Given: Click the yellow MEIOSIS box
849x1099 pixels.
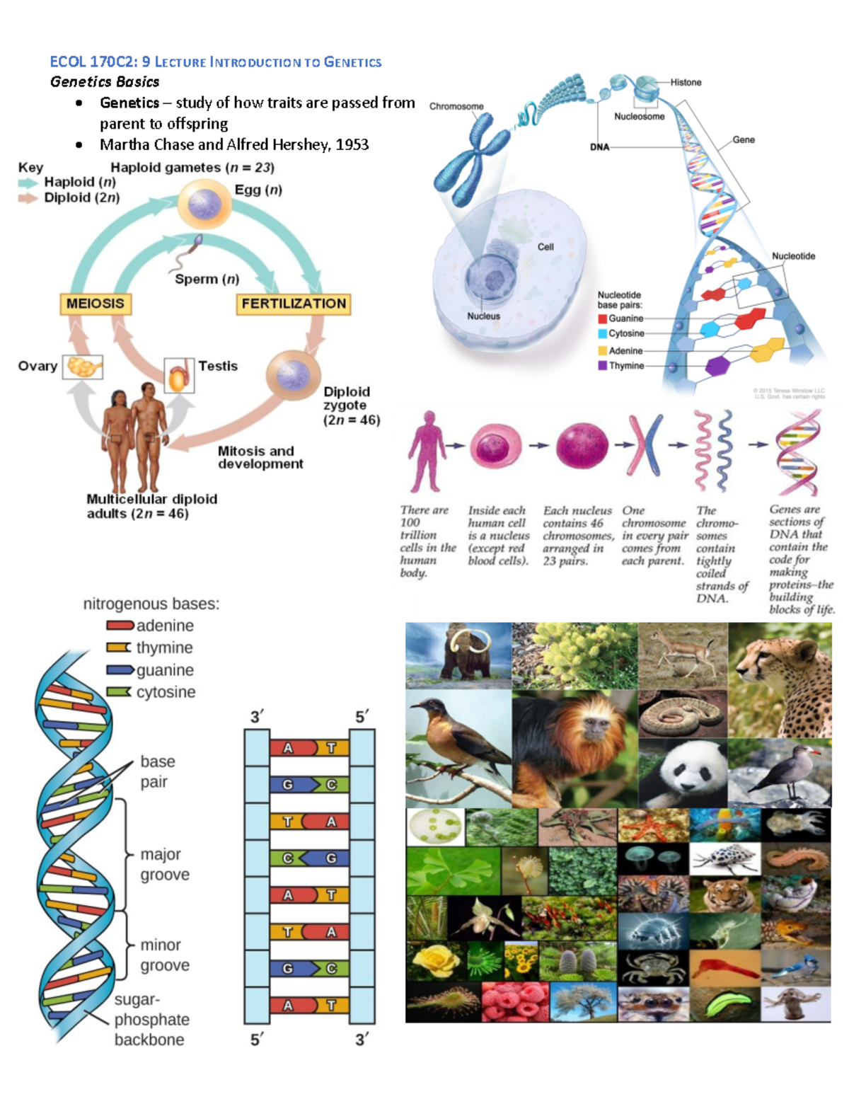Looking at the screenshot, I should point(96,304).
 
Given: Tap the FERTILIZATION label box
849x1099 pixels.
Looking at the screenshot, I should point(294,304).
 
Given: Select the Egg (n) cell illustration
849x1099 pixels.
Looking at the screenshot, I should point(204,204).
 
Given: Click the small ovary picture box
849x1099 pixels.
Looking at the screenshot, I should point(83,367).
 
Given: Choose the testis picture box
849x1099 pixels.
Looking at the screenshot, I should point(179,374).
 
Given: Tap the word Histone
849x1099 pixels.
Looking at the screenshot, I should point(686,82).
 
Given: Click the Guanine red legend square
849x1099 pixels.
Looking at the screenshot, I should point(603,318).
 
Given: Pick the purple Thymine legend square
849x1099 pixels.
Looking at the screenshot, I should point(603,366).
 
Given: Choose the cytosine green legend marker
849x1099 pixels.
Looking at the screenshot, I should point(119,691).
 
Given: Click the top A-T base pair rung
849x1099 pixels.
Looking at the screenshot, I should point(309,748).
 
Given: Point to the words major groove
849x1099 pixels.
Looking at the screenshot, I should point(165,864).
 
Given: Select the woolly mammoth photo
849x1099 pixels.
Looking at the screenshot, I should point(458,655).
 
